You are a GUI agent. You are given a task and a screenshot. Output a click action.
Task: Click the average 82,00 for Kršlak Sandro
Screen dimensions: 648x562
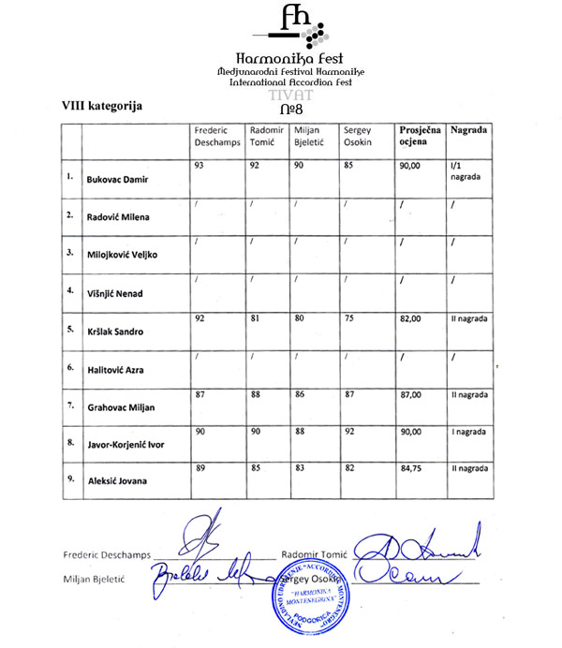[412, 319]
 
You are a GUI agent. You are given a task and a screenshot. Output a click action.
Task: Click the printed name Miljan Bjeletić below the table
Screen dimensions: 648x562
[94, 580]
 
